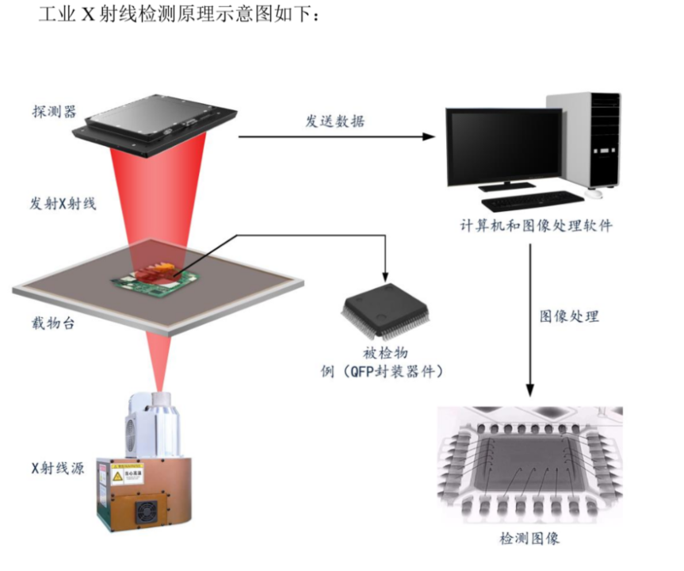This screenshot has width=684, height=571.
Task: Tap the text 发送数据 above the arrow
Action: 335,121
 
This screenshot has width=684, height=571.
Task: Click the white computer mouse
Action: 592,193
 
